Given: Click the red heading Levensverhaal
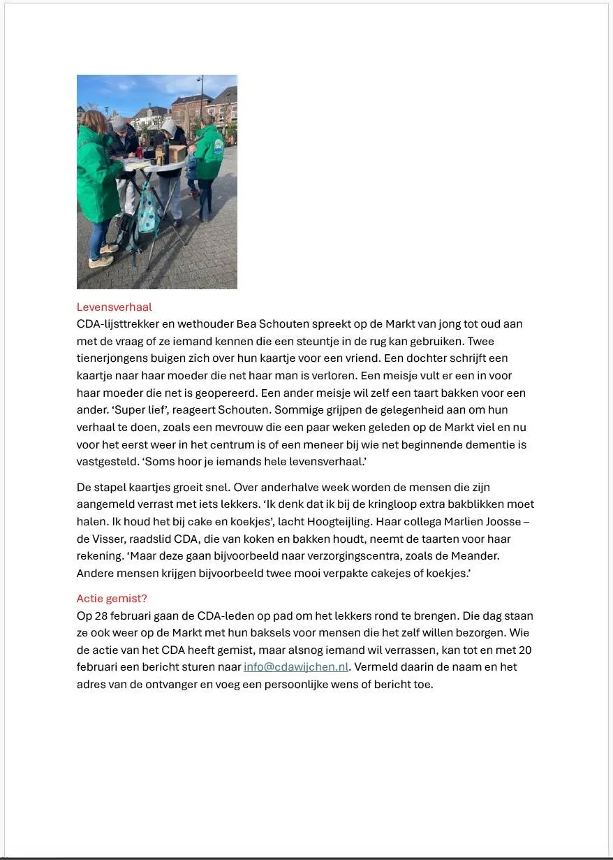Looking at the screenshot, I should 114,307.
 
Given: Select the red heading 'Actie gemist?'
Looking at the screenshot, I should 112,598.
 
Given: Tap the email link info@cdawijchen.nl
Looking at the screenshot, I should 296,666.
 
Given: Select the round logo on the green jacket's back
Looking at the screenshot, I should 219,146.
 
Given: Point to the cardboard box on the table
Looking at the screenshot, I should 177,153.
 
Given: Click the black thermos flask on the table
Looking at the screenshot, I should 160,155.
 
